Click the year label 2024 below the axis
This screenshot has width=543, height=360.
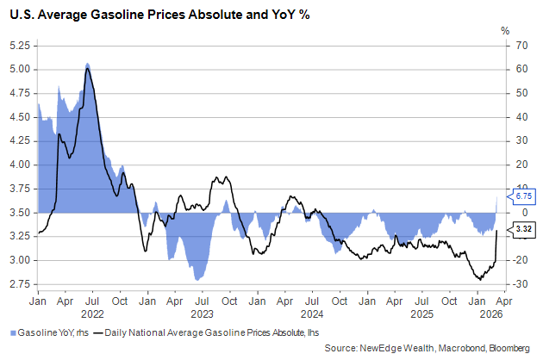311,314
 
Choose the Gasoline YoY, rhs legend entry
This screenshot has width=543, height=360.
50,332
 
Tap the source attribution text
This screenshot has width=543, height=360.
428,347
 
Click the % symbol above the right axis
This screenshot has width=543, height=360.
505,30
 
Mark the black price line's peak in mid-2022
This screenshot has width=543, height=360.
87,68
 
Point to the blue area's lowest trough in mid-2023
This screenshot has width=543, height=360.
199,279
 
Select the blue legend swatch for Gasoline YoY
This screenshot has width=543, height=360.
12,332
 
